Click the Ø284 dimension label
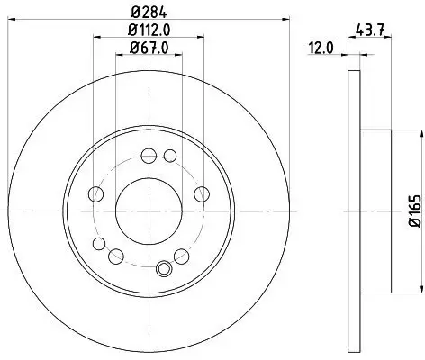click(x=148, y=11)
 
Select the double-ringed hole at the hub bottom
click(x=165, y=267)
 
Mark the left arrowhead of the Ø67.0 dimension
click(x=117, y=56)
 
